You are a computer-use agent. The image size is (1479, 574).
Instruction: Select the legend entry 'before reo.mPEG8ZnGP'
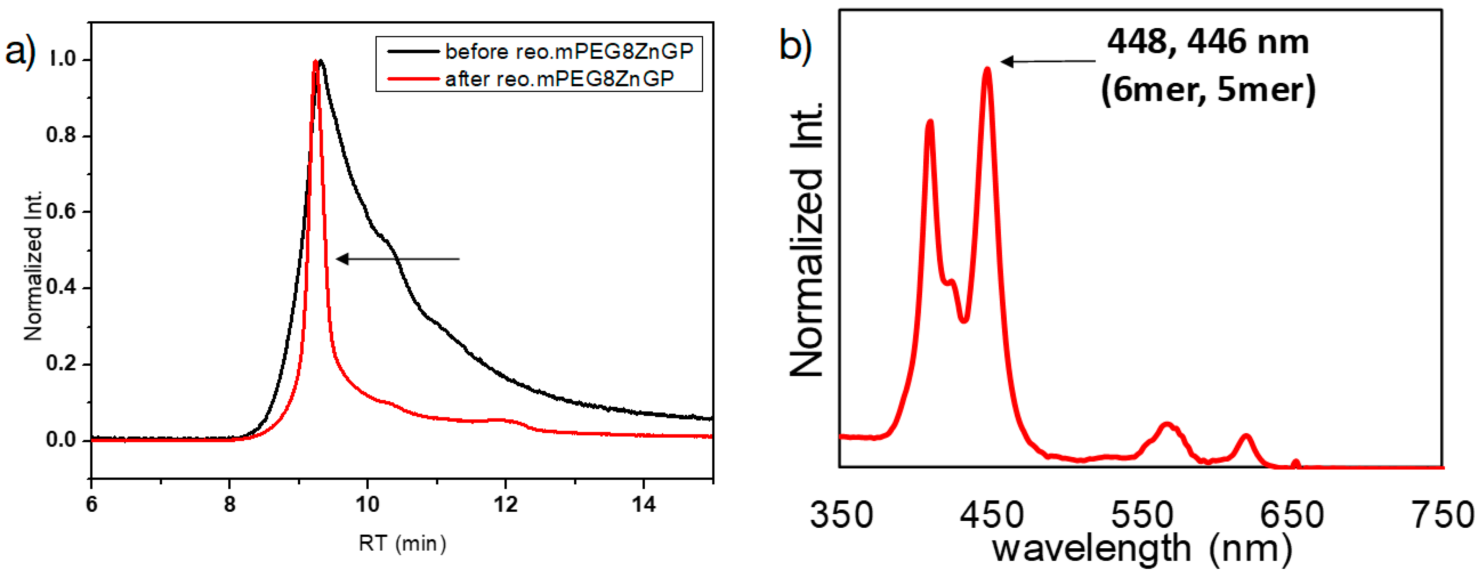568,52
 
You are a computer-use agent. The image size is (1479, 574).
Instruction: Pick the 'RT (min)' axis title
402,543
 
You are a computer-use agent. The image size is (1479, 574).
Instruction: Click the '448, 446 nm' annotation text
1208,42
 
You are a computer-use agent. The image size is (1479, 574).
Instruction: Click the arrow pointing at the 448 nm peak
1048,61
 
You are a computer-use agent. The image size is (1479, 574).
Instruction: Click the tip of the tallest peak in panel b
987,70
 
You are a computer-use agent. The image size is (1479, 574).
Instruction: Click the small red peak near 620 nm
1246,437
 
